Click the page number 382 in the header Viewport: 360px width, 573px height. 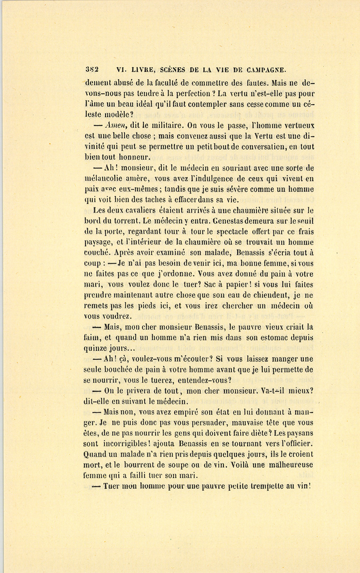coord(92,69)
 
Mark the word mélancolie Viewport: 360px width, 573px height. coord(104,179)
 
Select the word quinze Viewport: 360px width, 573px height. coord(96,348)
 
